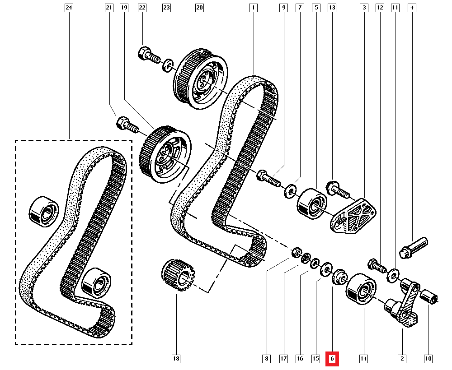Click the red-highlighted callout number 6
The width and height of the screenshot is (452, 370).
coord(332,359)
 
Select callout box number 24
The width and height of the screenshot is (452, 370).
coord(69,8)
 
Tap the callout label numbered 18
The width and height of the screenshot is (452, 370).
coord(176,359)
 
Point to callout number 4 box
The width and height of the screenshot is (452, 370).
coord(411,8)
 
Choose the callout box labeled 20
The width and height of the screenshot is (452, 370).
coord(199,8)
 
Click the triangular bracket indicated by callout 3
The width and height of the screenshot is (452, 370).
coord(355,217)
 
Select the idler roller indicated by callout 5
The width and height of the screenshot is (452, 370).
coord(311,204)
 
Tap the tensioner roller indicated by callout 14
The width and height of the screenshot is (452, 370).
coord(360,290)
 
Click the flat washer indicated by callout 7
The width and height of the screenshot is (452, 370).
coord(289,190)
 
